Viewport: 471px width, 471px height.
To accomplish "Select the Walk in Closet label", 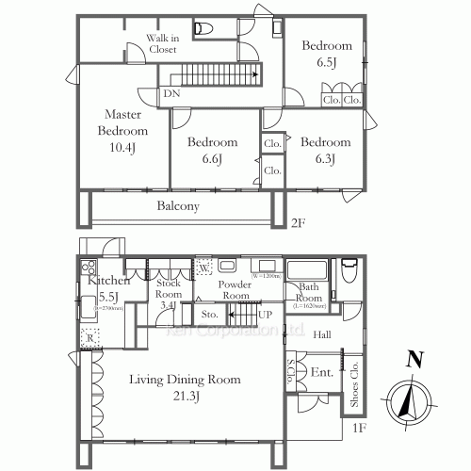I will point(161,43).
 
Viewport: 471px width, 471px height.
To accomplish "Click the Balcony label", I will point(177,205).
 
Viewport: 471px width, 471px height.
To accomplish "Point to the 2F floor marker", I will point(298,224).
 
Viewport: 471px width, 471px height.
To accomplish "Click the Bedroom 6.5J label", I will point(327,54).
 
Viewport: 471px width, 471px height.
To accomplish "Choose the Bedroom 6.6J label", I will point(211,151).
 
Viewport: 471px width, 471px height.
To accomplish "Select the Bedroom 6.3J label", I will point(325,151).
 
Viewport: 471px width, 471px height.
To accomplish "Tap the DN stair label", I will point(171,94).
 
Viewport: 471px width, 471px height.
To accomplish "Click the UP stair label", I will point(266,313).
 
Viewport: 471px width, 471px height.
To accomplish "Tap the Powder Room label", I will point(234,289).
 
